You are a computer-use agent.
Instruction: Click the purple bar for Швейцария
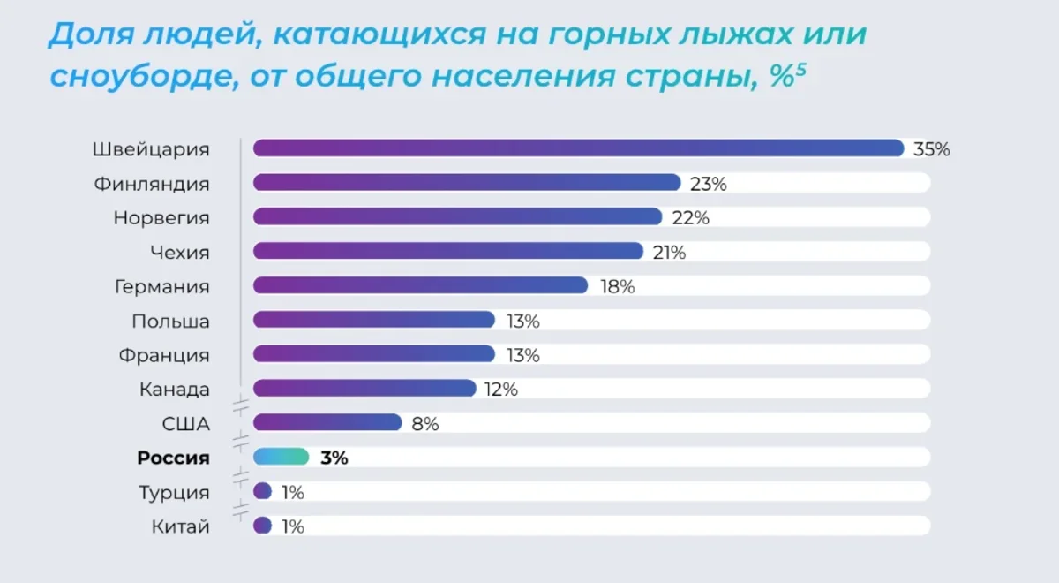[x=578, y=148]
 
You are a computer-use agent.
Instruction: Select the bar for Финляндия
[x=467, y=183]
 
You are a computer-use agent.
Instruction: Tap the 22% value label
[x=689, y=217]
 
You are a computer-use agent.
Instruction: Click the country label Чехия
[x=180, y=252]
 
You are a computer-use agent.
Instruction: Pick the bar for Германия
[x=420, y=286]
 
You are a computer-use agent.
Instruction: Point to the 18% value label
[x=616, y=286]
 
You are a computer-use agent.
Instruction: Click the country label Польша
[x=170, y=321]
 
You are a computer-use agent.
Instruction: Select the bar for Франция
[x=374, y=354]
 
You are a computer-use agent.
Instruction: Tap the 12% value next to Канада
[x=500, y=389]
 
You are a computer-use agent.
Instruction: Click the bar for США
[x=327, y=423]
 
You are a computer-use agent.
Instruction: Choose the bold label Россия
[x=173, y=458]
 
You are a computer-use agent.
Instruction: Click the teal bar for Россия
[x=281, y=457]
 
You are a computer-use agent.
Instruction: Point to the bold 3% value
[x=334, y=458]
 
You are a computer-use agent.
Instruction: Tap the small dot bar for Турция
[x=262, y=491]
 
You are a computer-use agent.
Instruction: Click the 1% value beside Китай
[x=292, y=526]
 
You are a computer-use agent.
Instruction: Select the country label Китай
[x=181, y=527]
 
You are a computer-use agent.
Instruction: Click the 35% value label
[x=931, y=149]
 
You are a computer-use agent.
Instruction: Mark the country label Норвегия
[x=161, y=217]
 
